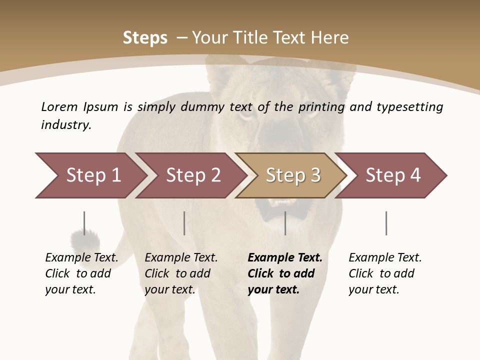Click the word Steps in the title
coord(145,38)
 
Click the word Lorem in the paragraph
coord(59,106)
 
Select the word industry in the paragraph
coord(65,124)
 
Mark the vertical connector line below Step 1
coord(84,223)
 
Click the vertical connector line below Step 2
coord(184,223)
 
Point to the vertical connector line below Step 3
coord(285,223)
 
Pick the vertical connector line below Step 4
coord(386,223)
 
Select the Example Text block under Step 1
coord(81,273)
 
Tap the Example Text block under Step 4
coord(385,273)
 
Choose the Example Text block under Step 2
coord(181,273)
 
